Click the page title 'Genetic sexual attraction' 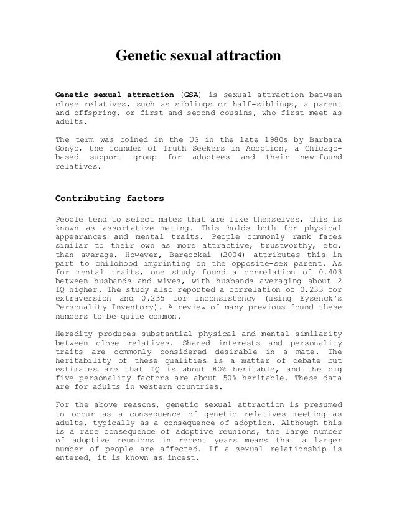[199, 57]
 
